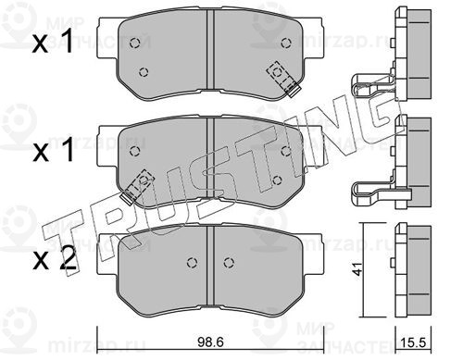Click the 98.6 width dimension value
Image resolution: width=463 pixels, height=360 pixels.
coord(210,342)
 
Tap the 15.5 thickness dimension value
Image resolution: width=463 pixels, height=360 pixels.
coord(413,342)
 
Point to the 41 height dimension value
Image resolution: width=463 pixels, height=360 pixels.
coord(358,269)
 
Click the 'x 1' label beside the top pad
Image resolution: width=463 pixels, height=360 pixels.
coord(53,41)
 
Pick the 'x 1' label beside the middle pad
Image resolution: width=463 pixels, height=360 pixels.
coord(54,150)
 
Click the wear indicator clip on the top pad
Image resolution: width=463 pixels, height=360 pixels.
coord(284,79)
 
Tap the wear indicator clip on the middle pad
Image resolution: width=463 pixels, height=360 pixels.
coord(137,187)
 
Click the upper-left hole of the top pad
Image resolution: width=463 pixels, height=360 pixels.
coord(134,43)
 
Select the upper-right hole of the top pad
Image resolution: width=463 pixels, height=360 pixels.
coord(286,43)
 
